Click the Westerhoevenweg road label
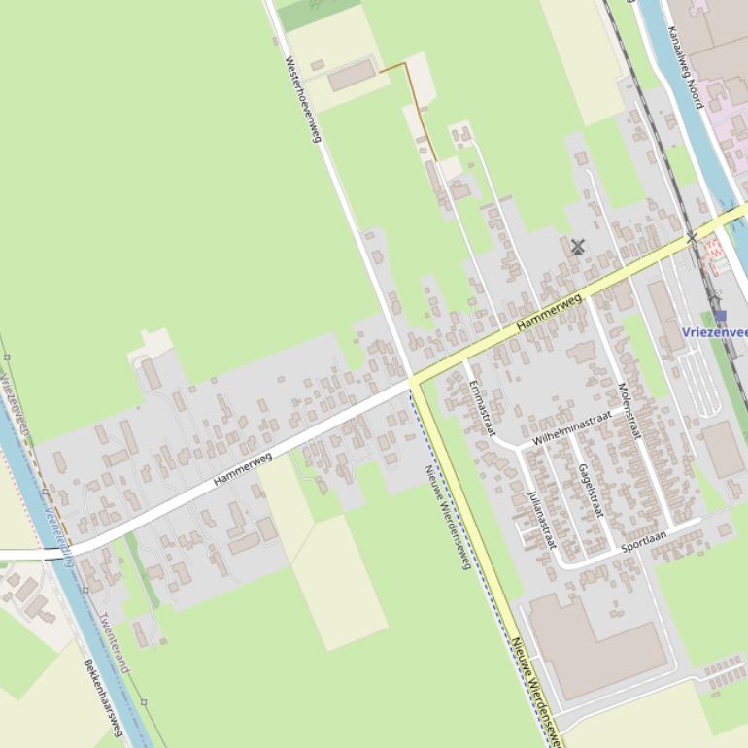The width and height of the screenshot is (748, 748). pos(303,99)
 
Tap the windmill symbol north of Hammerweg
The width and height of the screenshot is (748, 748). pos(578,247)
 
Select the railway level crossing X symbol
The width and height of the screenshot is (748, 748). pos(692,237)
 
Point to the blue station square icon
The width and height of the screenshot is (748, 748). pos(720,316)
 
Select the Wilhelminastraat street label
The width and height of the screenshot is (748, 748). pos(572,428)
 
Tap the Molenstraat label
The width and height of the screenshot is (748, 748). pos(629,412)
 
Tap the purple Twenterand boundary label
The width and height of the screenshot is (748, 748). pos(112,642)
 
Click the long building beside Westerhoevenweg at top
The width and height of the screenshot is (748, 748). pos(351,74)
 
